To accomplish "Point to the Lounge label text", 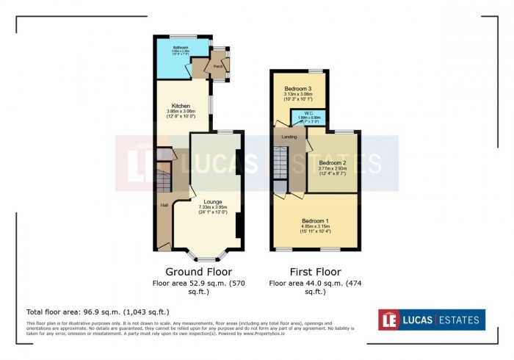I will point(213,201).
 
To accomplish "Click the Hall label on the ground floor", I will point(164,205).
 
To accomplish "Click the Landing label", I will point(289,137).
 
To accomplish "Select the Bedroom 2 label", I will point(332,162).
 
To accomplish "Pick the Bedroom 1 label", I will point(316,220).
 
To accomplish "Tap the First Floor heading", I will point(315,271).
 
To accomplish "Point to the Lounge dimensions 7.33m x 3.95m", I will point(213,207).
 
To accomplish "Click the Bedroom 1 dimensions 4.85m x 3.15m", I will point(316,226).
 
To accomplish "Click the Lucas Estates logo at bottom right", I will point(432,320).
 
